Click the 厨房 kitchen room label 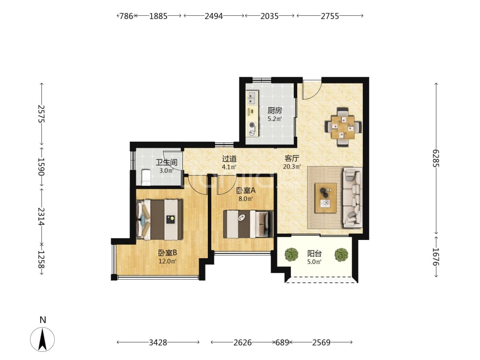coord(275,110)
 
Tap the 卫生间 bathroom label coord(167,162)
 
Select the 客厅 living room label coord(292,158)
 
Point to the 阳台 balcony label coord(314,253)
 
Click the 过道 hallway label coord(229,158)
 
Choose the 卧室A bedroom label coord(246,191)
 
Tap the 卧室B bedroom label coord(168,253)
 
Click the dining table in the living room coord(343,127)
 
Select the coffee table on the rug coord(326,198)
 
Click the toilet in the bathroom coord(146,177)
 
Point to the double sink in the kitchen coord(252,98)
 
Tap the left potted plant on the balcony coord(291,254)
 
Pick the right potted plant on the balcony coord(341,254)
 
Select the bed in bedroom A coord(248,224)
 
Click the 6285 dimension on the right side coord(436,158)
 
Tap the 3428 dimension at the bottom coord(158,342)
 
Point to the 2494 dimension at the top coord(214,16)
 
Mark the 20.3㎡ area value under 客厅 coord(292,167)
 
